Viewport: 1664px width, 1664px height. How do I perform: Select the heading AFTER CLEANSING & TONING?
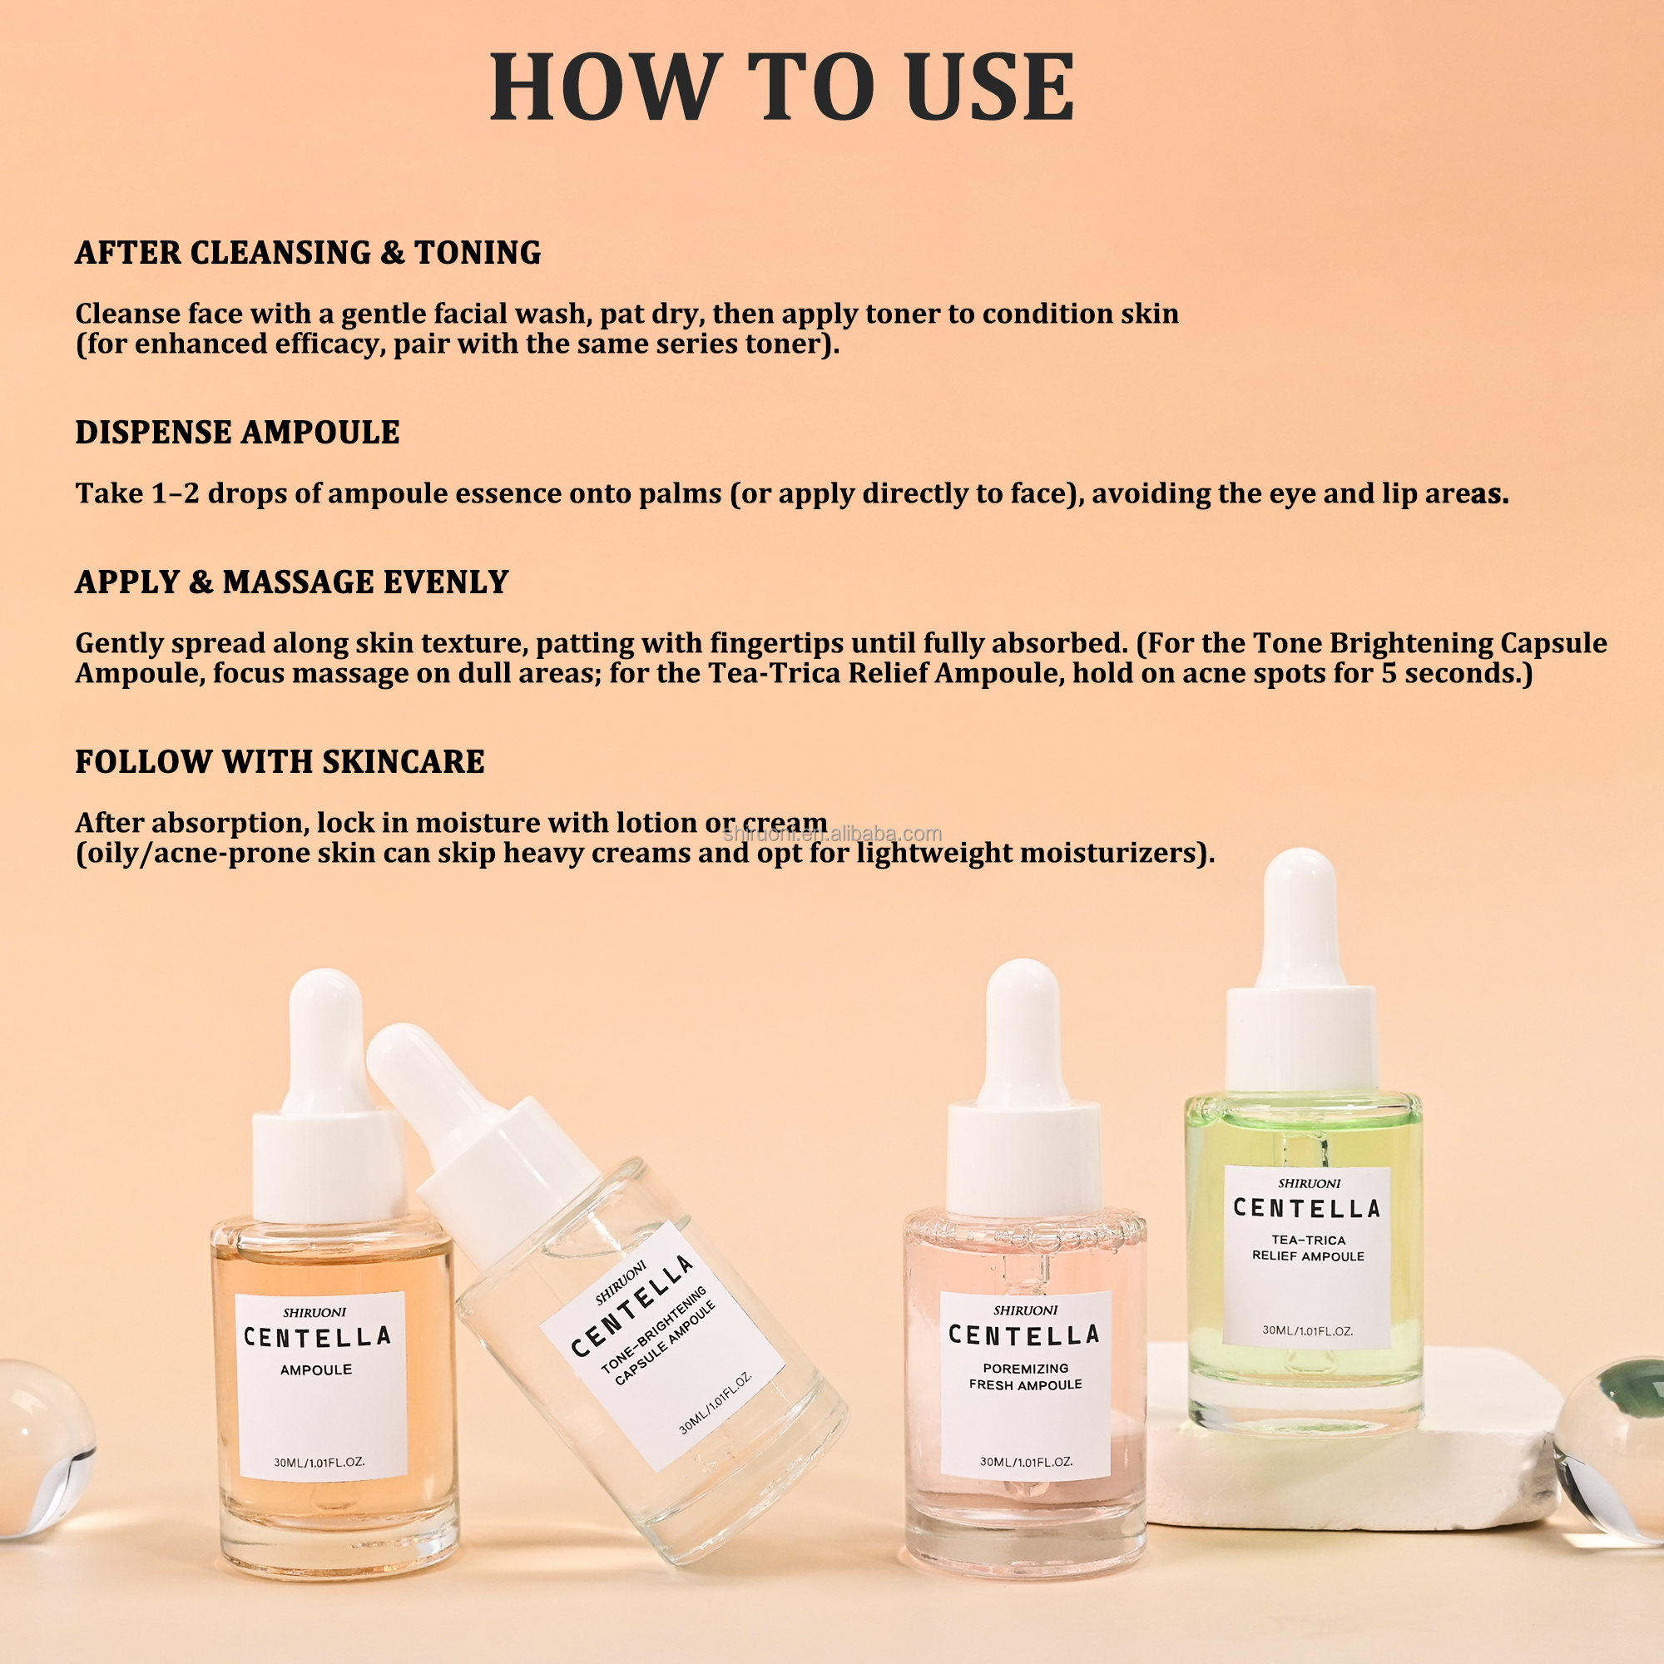click(308, 252)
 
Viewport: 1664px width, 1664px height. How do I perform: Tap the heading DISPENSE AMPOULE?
click(237, 433)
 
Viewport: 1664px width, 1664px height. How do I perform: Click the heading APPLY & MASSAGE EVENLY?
click(291, 582)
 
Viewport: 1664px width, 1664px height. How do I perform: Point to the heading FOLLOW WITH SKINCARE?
click(279, 762)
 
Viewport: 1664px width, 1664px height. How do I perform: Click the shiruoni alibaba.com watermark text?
click(832, 834)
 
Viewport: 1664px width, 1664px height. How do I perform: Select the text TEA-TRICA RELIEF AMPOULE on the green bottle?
click(1307, 1248)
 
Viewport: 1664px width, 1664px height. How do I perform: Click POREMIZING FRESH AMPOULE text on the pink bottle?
click(1025, 1376)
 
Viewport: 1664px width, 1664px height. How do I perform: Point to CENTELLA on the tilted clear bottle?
click(633, 1307)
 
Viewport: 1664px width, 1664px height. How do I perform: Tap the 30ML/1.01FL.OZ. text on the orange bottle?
click(319, 1463)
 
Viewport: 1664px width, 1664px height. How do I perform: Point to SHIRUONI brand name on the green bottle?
click(1309, 1184)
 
